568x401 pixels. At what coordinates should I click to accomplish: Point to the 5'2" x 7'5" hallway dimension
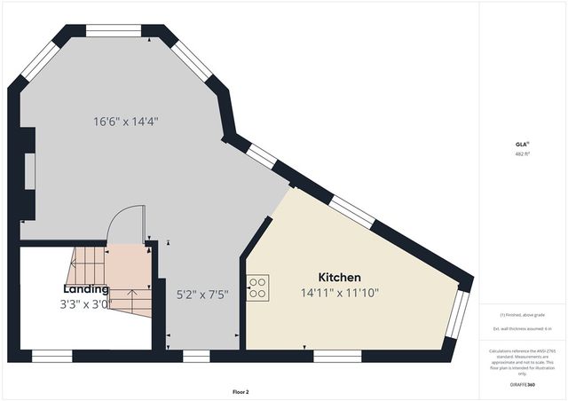pyautogui.click(x=203, y=294)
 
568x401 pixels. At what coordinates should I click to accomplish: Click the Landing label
pyautogui.click(x=86, y=289)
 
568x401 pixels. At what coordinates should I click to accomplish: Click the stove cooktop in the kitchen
pyautogui.click(x=258, y=287)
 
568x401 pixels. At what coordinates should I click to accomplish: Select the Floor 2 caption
pyautogui.click(x=241, y=391)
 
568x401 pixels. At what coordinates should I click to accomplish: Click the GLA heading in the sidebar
pyautogui.click(x=522, y=145)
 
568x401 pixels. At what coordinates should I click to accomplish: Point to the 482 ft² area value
pyautogui.click(x=522, y=153)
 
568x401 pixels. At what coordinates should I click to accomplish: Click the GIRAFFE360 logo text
pyautogui.click(x=523, y=385)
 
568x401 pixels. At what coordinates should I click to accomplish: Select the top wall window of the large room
pyautogui.click(x=114, y=31)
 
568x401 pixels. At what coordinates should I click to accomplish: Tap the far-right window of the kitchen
pyautogui.click(x=456, y=314)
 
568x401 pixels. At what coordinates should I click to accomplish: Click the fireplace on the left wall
pyautogui.click(x=29, y=172)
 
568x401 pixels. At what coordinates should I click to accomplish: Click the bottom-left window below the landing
pyautogui.click(x=51, y=356)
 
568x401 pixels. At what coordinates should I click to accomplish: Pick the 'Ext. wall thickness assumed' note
pyautogui.click(x=522, y=329)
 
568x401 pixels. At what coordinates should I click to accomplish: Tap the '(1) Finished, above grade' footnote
pyautogui.click(x=522, y=315)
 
